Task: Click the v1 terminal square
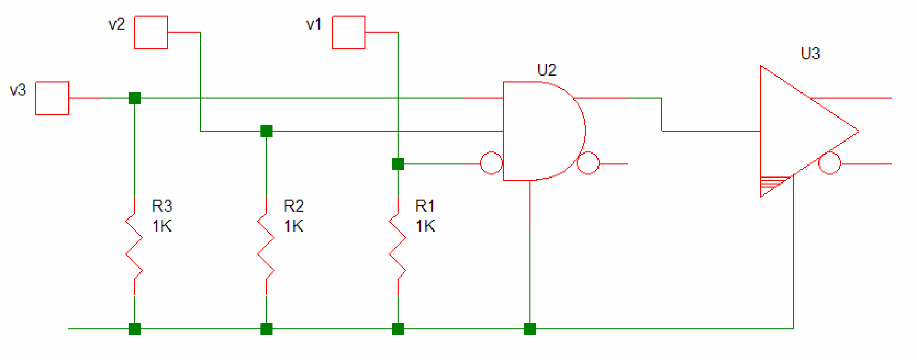point(348,32)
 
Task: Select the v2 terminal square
point(151,32)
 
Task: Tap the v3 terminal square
point(52,98)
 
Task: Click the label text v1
point(314,24)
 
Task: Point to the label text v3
point(18,90)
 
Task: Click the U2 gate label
point(547,70)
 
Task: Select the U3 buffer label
point(810,53)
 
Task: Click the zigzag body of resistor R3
point(134,246)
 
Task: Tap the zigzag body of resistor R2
point(266,246)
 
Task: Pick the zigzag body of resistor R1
point(398,246)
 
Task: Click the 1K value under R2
point(294,226)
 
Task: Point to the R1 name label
point(425,206)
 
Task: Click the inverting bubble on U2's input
point(491,163)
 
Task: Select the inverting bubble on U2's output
point(588,163)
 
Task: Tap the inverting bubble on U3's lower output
point(830,163)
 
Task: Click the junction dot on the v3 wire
point(135,98)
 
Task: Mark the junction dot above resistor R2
point(266,131)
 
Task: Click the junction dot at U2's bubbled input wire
point(398,164)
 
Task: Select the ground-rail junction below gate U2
point(530,329)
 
